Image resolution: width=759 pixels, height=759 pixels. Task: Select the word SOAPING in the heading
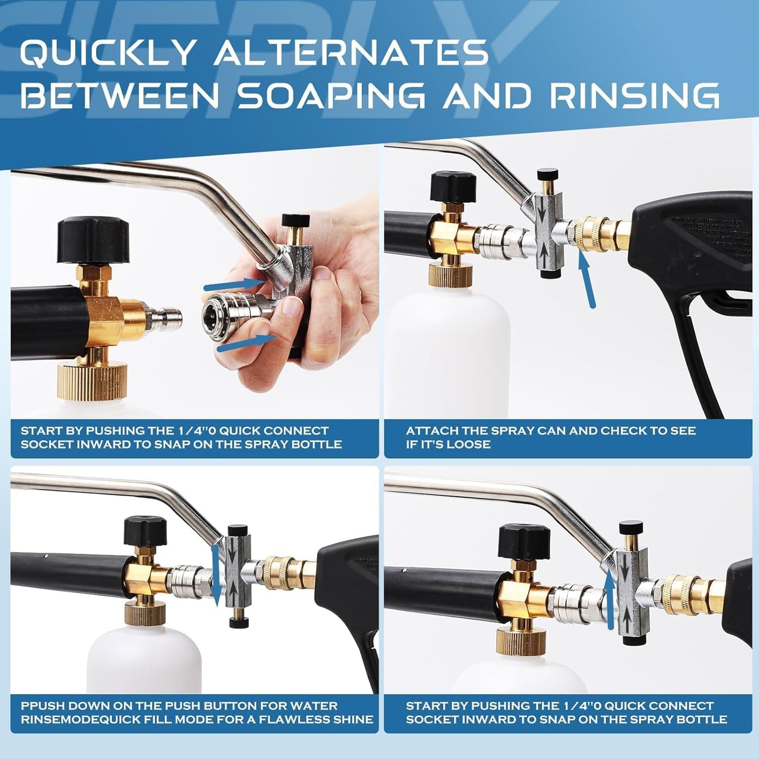click(x=331, y=96)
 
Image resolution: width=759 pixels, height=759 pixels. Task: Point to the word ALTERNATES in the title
click(x=351, y=53)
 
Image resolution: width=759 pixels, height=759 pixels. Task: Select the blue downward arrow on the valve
click(x=215, y=575)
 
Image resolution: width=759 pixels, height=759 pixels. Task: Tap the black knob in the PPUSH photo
click(x=145, y=531)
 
